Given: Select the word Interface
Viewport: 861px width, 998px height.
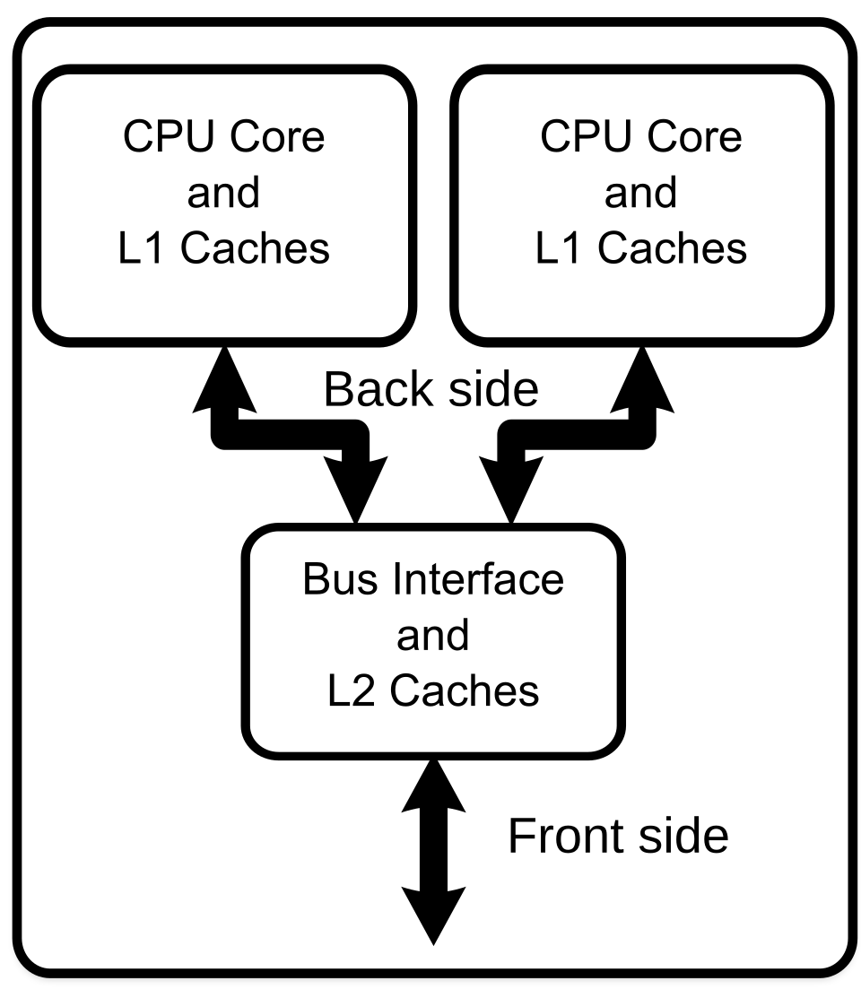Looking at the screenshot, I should [x=476, y=579].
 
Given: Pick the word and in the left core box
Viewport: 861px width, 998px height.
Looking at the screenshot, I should [x=223, y=193].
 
